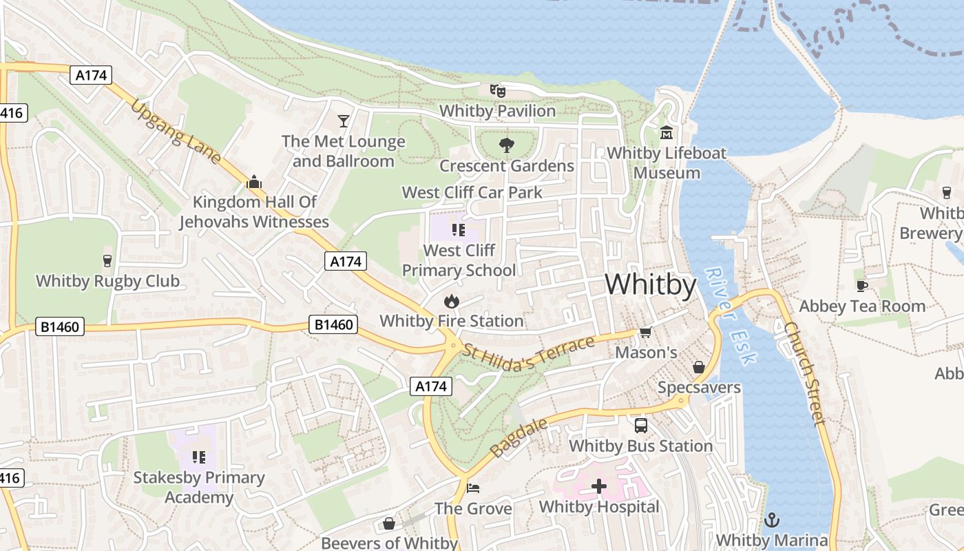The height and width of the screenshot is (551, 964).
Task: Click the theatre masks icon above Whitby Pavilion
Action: [497, 90]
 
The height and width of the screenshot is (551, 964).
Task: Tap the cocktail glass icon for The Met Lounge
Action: [343, 122]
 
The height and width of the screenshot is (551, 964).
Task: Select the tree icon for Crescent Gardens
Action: [507, 145]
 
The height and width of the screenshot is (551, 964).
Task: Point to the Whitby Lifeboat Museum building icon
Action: [666, 132]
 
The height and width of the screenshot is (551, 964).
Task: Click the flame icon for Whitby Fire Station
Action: [451, 301]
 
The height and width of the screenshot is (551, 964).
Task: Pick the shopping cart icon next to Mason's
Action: [645, 333]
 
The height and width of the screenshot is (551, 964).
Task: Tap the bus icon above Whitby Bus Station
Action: [640, 425]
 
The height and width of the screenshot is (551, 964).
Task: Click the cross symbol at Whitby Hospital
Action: [599, 486]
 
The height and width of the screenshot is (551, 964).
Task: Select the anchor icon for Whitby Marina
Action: [772, 519]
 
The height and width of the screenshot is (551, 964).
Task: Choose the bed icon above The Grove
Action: [473, 488]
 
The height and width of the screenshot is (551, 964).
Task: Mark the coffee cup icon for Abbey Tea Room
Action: [861, 286]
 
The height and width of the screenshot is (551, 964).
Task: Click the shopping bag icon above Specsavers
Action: [698, 367]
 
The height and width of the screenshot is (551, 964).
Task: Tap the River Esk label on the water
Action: [731, 315]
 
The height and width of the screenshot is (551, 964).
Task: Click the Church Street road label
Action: [804, 373]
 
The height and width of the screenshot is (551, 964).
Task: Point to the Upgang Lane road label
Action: [176, 132]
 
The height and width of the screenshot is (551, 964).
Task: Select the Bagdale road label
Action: [520, 437]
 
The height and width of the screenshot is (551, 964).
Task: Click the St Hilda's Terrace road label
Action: [527, 354]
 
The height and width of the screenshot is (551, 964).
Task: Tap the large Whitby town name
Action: [651, 284]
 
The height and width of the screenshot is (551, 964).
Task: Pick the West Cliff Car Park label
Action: [472, 192]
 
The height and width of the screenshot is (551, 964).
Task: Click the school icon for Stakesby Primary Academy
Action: [199, 457]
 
